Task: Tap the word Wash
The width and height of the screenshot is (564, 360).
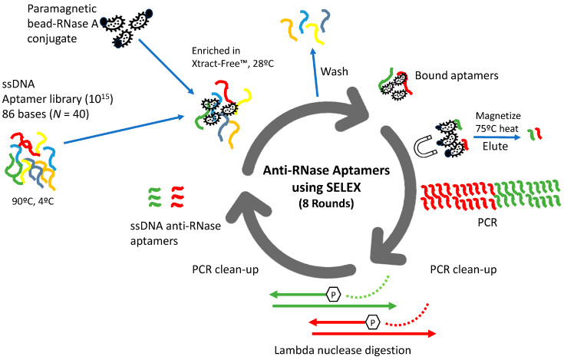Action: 334,71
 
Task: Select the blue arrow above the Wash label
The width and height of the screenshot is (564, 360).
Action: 315,72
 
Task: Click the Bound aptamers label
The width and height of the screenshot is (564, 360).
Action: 457,75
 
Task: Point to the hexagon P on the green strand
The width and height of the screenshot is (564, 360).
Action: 333,295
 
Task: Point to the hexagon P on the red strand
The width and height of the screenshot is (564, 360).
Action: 373,322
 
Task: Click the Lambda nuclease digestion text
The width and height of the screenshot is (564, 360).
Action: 342,350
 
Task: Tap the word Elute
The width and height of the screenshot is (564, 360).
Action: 495,147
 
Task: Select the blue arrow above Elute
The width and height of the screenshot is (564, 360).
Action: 496,137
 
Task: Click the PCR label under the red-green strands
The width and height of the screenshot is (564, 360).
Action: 487,223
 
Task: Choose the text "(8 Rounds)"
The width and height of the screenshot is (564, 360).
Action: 326,203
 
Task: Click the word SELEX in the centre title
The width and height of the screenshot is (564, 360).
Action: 342,187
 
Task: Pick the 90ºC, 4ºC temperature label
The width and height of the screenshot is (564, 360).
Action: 33,201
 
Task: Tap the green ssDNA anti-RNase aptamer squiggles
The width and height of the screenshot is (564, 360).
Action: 154,197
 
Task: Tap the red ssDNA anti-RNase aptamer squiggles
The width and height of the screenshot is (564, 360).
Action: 177,197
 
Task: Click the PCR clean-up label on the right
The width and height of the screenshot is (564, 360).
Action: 463,269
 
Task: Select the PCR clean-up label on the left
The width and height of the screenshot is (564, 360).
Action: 225,269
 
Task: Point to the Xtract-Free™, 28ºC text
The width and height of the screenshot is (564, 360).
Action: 233,64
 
